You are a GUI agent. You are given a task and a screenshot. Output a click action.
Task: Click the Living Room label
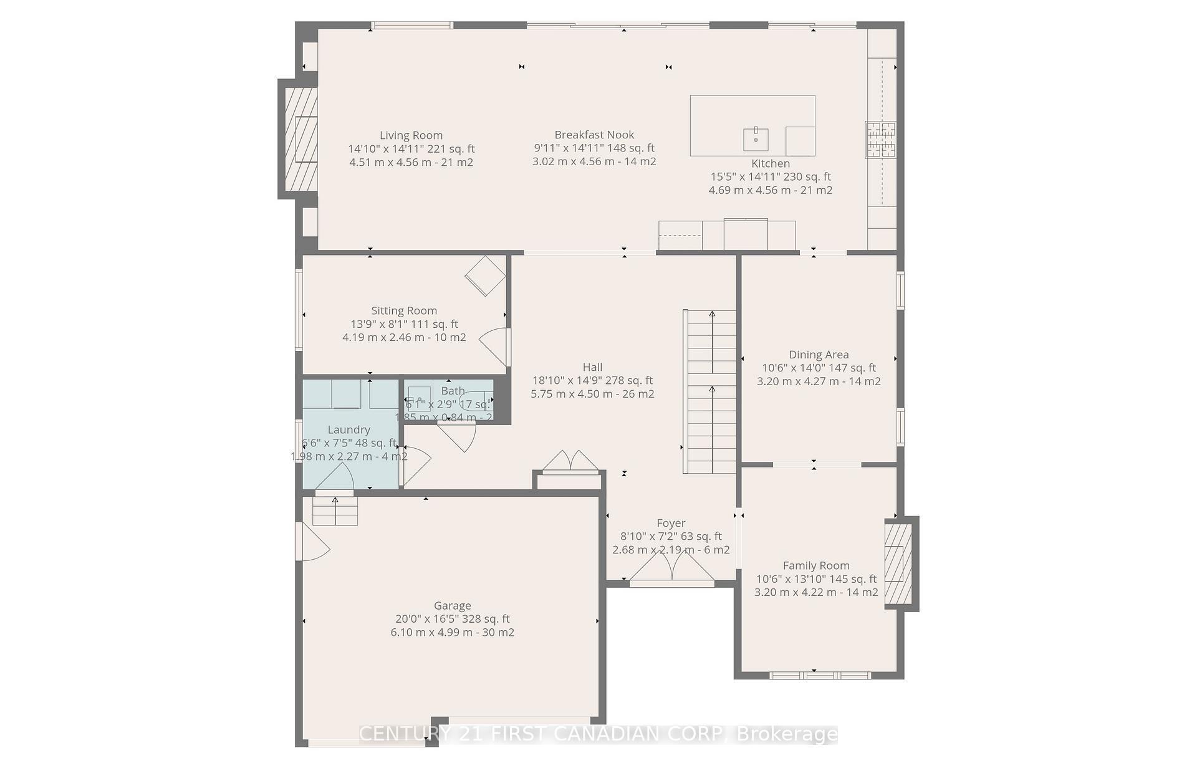(x=411, y=135)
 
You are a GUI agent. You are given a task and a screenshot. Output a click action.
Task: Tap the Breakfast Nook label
(x=594, y=135)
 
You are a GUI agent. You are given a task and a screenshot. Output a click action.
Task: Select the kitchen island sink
(x=755, y=139)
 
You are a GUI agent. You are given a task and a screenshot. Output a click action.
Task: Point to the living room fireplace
(x=301, y=139)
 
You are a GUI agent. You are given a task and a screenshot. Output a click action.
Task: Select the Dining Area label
(x=819, y=355)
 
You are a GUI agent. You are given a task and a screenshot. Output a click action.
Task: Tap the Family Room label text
(x=816, y=565)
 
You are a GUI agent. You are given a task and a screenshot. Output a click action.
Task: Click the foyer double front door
(x=671, y=568)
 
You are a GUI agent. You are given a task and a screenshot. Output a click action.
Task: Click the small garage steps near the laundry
(x=335, y=510)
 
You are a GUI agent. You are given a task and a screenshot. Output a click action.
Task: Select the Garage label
(x=452, y=605)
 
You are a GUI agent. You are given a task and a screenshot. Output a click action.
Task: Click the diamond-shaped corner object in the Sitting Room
(x=485, y=275)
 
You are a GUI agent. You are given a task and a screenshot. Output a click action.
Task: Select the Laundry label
(x=349, y=429)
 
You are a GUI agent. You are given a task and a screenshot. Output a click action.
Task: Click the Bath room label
(x=453, y=391)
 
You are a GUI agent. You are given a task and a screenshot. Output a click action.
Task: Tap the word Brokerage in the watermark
(x=787, y=734)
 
